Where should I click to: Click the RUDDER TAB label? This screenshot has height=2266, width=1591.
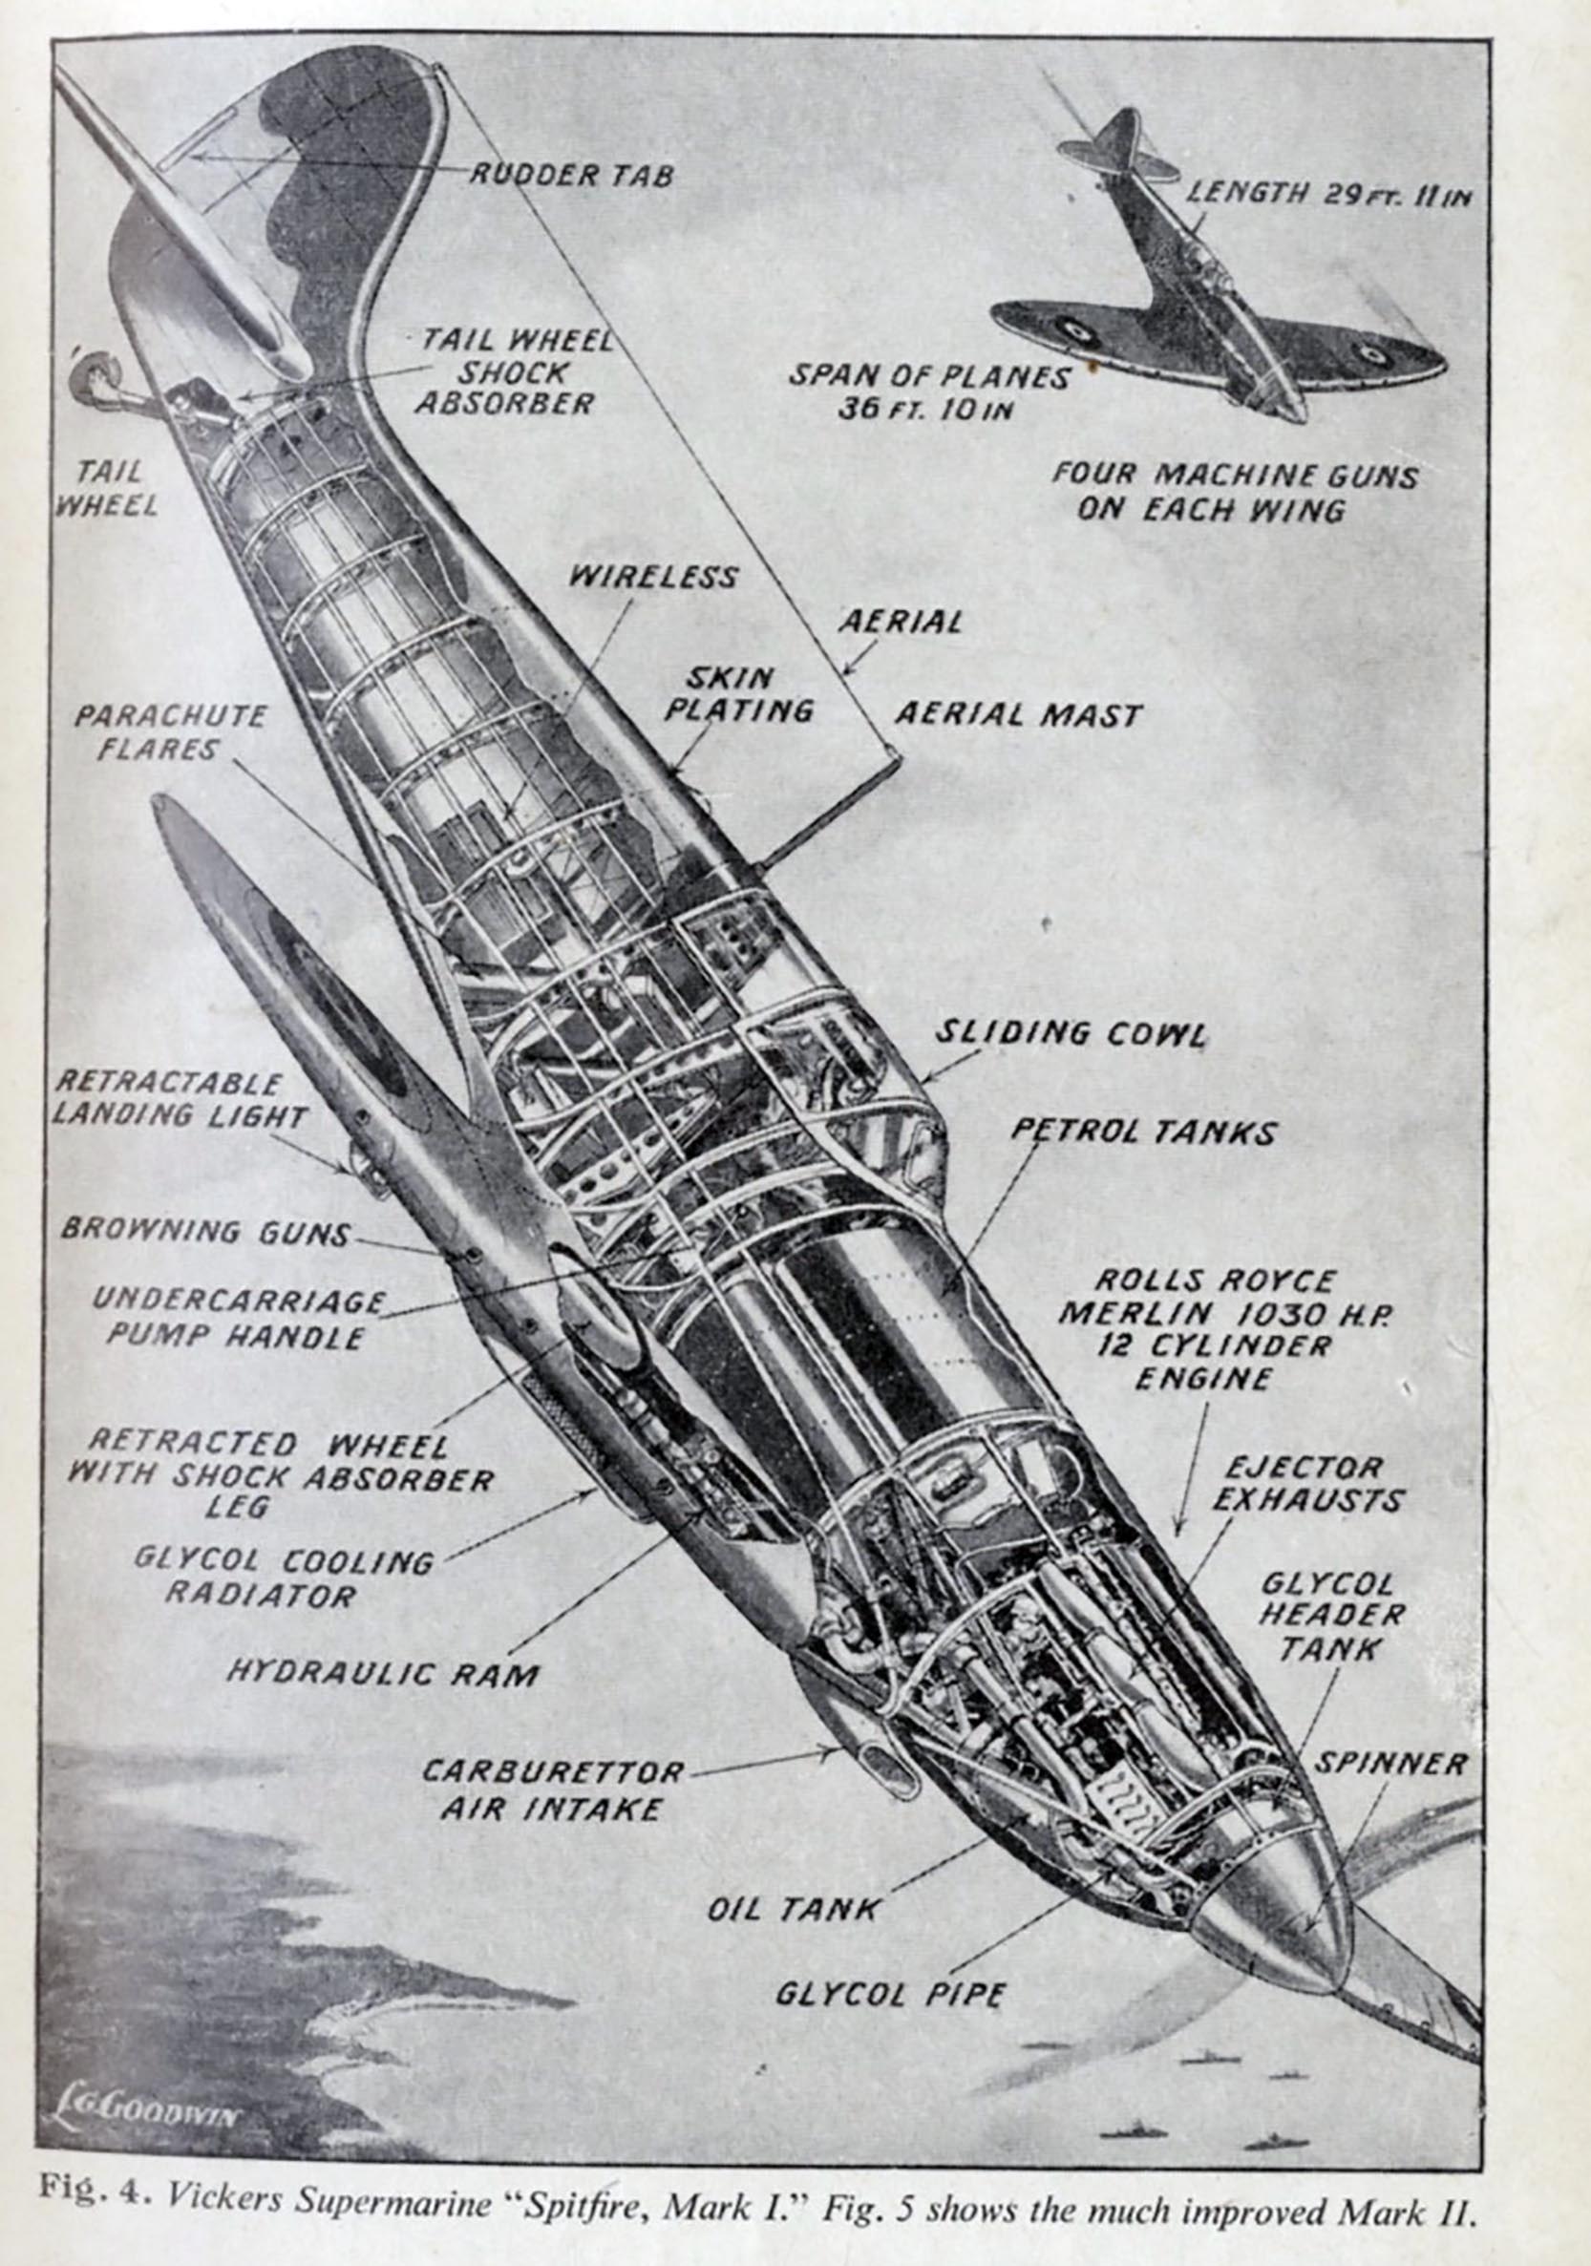tap(570, 175)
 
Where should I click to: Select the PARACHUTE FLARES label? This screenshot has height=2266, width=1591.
tap(170, 731)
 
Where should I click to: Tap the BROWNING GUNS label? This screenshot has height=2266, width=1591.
tap(205, 1232)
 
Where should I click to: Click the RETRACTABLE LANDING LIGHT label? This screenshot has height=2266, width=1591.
tap(179, 1099)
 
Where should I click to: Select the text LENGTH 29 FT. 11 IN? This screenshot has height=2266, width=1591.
tap(1327, 193)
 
